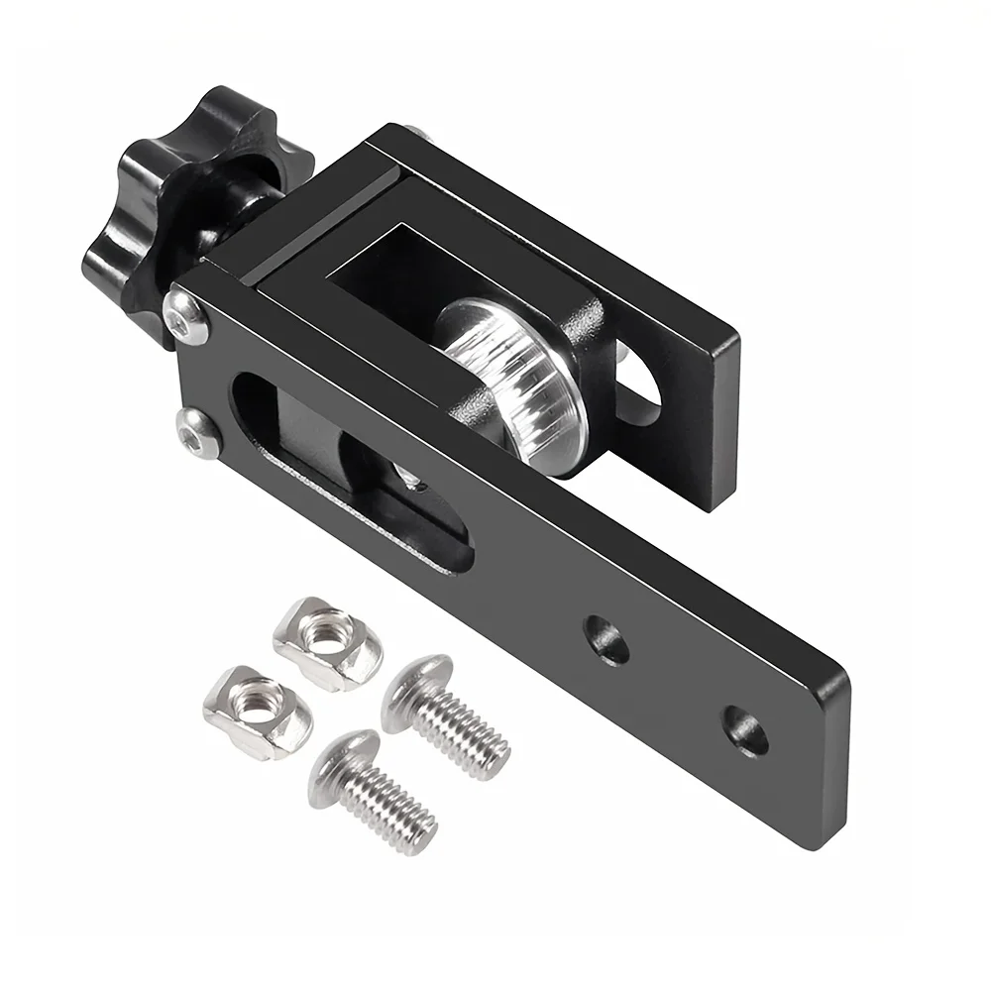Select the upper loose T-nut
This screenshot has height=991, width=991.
(328, 638)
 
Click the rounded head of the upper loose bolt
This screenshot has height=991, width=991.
(412, 694)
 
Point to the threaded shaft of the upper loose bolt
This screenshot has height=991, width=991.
(466, 730)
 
